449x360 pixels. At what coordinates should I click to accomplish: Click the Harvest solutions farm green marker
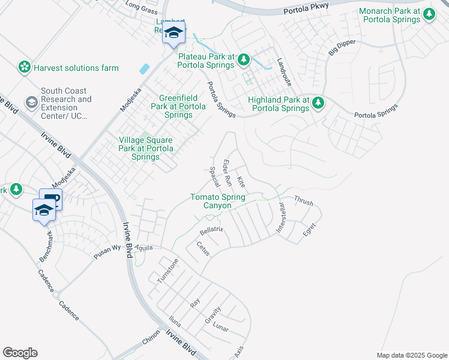[x=25, y=67]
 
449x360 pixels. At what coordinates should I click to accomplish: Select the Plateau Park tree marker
[x=244, y=59]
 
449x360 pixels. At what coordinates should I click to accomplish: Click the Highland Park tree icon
[x=318, y=104]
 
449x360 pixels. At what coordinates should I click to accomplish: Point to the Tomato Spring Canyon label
[x=217, y=201]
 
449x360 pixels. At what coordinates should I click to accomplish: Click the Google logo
[x=20, y=353]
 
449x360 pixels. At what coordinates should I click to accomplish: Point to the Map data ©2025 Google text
[x=411, y=355]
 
